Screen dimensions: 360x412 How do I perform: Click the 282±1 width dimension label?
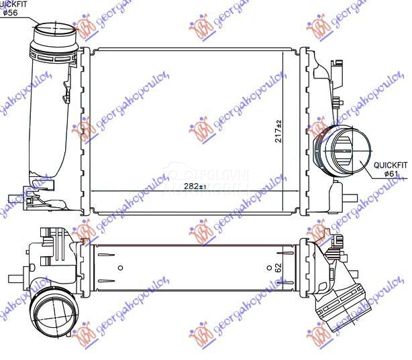pos(195,186)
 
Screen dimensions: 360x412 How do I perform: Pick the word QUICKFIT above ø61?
pos(391,164)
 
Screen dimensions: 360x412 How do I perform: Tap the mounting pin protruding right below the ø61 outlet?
pos(351,198)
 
